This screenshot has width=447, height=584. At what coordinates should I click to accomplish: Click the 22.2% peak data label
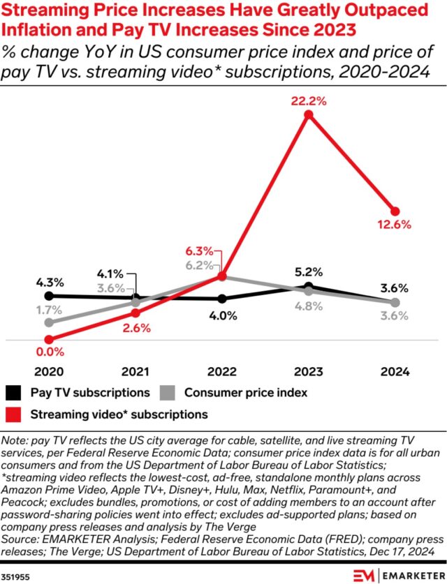(x=309, y=102)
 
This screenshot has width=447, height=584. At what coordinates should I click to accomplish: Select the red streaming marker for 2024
(x=395, y=211)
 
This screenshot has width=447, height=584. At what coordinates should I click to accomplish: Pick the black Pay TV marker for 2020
(x=49, y=296)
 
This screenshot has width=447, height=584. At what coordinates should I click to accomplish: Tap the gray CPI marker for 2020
(x=49, y=322)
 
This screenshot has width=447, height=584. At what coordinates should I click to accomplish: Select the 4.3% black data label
(x=50, y=283)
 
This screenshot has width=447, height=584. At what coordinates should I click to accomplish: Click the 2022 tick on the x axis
(x=222, y=372)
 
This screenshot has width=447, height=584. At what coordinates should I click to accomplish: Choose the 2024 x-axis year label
(x=395, y=372)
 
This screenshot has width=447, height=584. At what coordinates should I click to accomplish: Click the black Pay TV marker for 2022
(x=222, y=299)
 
